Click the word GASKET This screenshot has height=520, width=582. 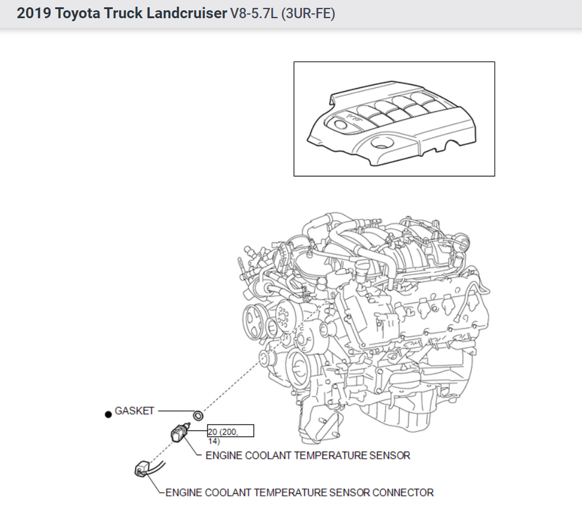click(x=134, y=411)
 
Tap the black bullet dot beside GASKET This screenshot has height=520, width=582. click(x=109, y=414)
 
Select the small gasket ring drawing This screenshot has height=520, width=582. click(x=197, y=416)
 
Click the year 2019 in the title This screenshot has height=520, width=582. click(x=34, y=13)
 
